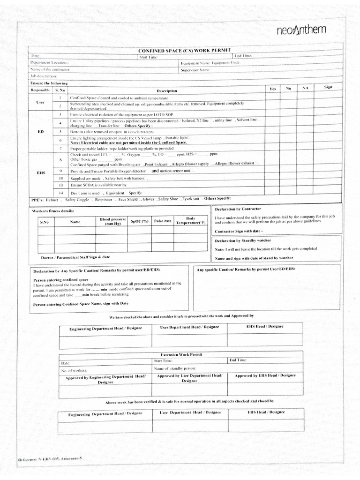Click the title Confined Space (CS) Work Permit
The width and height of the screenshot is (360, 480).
[x=184, y=50]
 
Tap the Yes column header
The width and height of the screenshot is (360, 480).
[x=273, y=89]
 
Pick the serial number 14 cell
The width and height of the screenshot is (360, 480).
[x=60, y=193]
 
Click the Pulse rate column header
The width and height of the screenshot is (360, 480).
[x=163, y=220]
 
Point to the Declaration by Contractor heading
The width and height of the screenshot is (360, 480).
[x=238, y=208]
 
